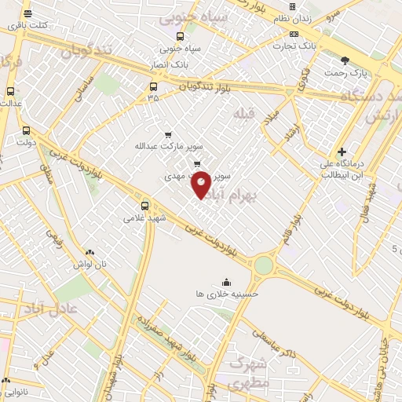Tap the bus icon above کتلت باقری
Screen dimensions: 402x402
[28, 14]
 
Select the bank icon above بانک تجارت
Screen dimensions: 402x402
[294, 35]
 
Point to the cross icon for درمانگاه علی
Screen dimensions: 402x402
[342, 152]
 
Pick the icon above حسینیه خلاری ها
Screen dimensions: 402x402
[227, 282]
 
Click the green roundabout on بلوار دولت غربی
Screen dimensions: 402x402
[263, 265]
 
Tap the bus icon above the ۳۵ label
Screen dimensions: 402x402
[152, 87]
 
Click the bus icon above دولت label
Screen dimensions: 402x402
[27, 131]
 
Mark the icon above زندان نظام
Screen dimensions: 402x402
[292, 6]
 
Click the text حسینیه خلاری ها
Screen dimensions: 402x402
[227, 294]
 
